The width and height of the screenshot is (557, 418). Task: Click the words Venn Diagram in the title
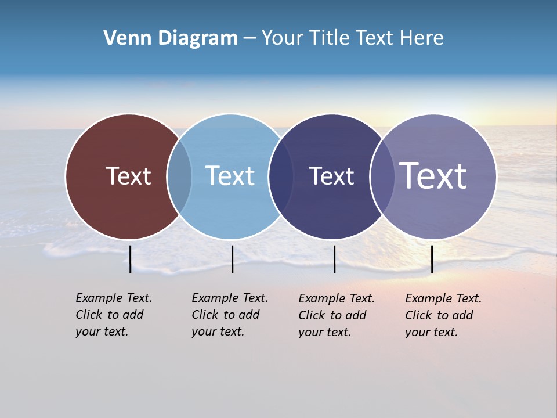point(171,38)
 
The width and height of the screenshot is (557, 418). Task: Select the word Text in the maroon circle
point(128,176)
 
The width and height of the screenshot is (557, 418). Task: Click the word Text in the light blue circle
point(230,176)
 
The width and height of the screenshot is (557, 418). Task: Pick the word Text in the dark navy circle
point(331,176)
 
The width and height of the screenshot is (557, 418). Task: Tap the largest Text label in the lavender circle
point(433,175)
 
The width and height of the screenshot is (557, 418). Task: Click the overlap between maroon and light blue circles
point(179,176)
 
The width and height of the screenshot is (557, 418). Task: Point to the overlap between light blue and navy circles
point(281,176)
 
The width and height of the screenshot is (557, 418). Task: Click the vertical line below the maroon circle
point(131,259)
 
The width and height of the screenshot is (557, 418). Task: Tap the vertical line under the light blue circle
point(232,259)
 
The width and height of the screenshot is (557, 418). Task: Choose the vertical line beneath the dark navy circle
point(334,259)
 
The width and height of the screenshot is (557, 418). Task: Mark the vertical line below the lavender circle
point(432,259)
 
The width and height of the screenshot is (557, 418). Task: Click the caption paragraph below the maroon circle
point(114,315)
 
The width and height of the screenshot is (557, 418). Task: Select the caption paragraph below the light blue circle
point(230,315)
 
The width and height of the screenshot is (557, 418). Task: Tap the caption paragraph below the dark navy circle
point(337,315)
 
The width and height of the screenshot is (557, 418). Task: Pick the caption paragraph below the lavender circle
point(443,315)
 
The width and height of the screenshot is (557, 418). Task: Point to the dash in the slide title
point(249,38)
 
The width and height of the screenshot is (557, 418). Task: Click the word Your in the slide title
point(282,38)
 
